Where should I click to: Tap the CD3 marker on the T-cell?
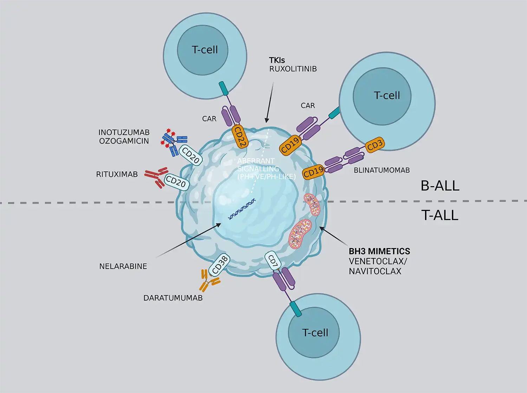tap(375, 144)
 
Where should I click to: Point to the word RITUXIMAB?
tap(117, 174)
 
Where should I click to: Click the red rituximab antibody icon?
tap(156, 177)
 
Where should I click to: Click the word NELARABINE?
tap(123, 266)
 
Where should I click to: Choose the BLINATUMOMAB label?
tap(382, 170)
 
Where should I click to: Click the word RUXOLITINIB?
tap(293, 69)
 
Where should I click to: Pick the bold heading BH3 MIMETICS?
tap(379, 251)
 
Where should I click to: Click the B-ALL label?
tap(440, 186)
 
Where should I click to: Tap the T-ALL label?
tap(440, 215)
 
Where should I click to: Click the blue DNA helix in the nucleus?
tap(242, 209)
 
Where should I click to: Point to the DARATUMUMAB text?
tap(173, 298)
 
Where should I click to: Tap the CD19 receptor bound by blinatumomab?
tap(313, 172)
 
